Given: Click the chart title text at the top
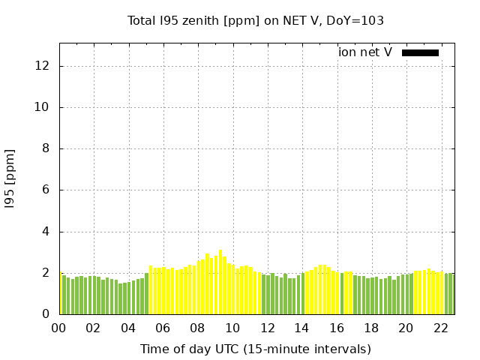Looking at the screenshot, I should (256, 21).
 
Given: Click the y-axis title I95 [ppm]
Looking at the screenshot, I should (10, 179).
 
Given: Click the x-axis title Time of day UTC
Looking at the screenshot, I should (255, 349).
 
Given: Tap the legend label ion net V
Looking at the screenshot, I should (365, 52).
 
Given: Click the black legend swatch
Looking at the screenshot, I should (420, 52).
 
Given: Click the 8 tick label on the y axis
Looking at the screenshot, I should (46, 148).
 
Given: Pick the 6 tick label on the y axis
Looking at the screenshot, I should (46, 190).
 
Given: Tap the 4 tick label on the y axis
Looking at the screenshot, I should (46, 232).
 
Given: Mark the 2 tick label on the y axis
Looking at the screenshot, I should (46, 273).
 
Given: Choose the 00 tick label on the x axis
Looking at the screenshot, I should (59, 328).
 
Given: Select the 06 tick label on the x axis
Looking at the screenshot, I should (163, 328).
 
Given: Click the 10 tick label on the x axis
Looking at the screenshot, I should (232, 328).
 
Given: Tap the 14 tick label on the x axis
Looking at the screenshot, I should (301, 328).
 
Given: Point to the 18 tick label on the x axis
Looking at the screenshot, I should (371, 328).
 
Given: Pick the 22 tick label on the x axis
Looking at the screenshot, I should (440, 328).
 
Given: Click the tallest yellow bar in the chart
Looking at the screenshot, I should (220, 283).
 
